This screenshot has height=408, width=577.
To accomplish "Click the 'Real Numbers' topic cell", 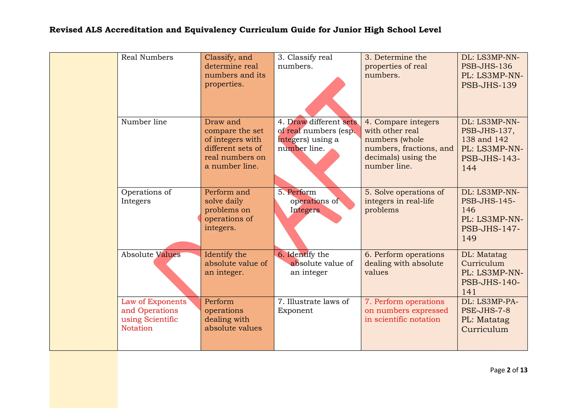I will (x=147, y=57).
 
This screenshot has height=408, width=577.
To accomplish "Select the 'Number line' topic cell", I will (x=144, y=122).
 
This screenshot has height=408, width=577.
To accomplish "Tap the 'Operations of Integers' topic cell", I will (x=146, y=196).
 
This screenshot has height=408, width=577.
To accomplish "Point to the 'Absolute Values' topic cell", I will (x=151, y=255).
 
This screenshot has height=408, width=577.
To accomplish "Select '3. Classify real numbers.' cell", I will (x=305, y=62).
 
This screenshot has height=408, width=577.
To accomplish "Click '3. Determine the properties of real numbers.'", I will (x=396, y=66).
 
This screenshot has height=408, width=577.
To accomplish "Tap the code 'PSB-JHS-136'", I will (x=487, y=66).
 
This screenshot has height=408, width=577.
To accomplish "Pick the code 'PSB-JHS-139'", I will (x=489, y=85).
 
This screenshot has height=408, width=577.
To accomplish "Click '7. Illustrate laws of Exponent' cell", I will (x=313, y=306).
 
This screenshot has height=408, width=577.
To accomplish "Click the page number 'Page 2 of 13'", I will (x=509, y=370).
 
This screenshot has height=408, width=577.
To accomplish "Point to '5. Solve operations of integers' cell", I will (x=404, y=201).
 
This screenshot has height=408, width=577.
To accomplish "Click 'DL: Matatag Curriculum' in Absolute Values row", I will (x=484, y=259).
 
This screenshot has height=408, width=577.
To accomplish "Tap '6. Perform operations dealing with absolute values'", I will (x=404, y=263).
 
